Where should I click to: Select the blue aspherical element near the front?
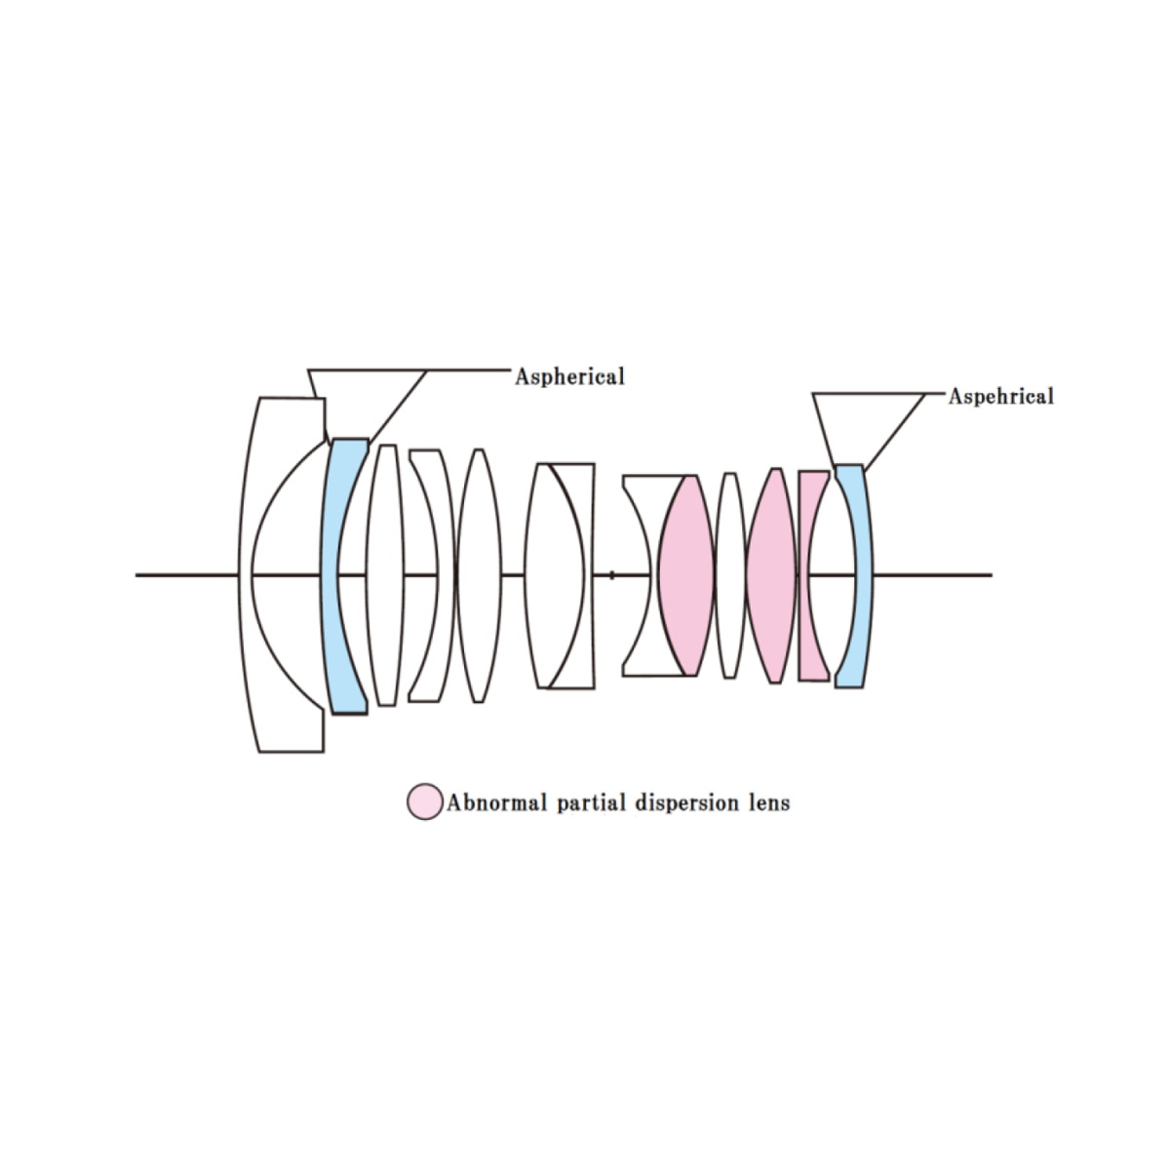331,574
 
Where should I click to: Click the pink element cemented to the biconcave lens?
686,575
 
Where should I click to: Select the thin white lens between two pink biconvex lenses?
730,575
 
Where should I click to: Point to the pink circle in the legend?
424,801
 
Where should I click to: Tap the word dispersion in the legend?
686,803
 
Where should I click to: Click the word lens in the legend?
768,802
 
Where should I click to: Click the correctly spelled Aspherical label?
569,377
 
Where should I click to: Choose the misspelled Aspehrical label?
1000,397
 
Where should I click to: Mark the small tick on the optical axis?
612,575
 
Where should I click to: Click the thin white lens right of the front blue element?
384,575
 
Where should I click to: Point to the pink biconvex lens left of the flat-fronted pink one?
771,575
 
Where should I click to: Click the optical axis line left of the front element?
186,575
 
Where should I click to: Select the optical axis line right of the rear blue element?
933,575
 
